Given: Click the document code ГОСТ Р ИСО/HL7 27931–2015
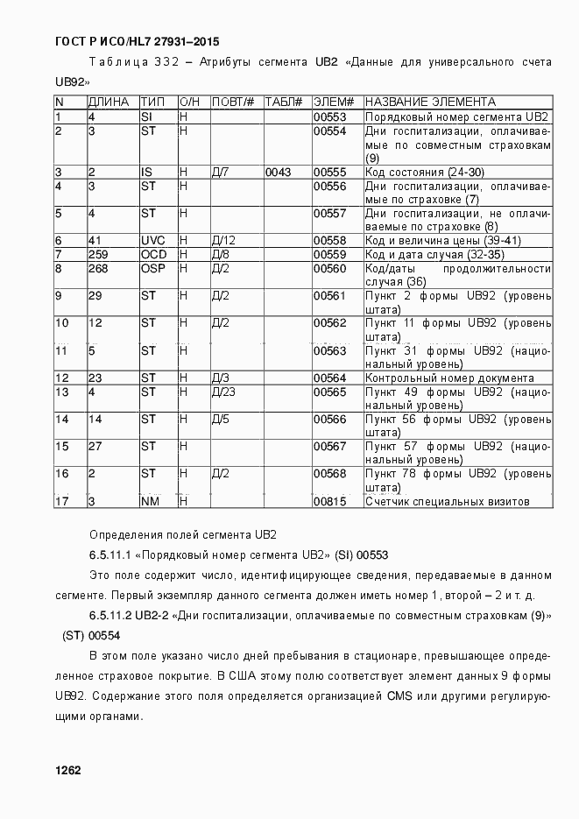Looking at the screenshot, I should (137, 41).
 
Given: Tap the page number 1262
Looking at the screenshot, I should (67, 770).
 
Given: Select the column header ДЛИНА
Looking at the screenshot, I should (108, 102).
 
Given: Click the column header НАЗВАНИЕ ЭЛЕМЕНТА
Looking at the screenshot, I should (430, 102).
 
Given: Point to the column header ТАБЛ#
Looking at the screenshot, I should (283, 102).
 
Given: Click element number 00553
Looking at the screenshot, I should (330, 116).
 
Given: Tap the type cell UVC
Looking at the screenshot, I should (153, 240).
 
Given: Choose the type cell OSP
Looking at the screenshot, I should (153, 268).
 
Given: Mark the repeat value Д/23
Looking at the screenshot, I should (223, 392).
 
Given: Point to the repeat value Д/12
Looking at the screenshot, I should (223, 240).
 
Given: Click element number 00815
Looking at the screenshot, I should (330, 502).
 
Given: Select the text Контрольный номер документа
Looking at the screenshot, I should (448, 378).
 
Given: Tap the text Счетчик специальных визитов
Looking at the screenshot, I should (447, 502).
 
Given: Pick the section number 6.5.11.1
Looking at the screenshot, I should (110, 555).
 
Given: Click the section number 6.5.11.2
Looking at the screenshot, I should (110, 616).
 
